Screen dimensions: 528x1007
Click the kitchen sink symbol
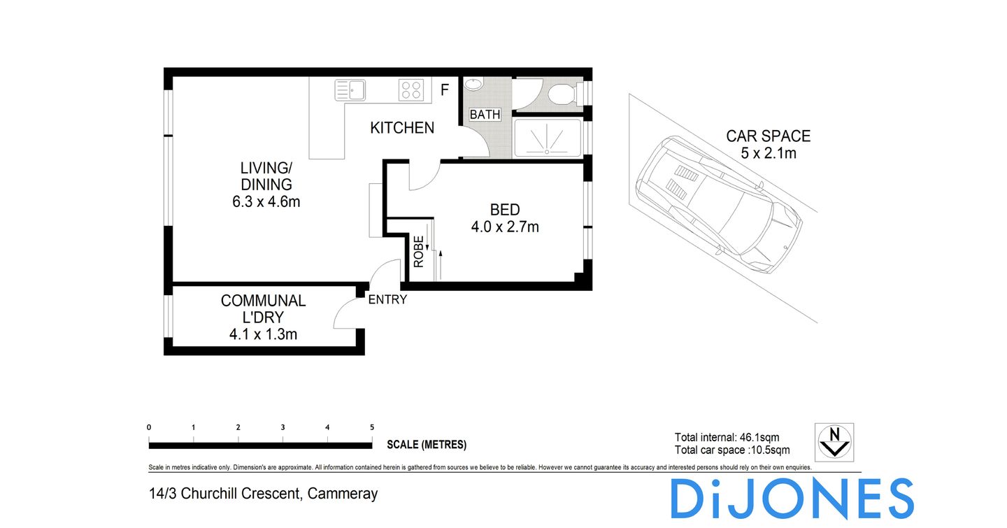(x=350, y=90)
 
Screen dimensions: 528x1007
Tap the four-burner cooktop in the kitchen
(x=410, y=90)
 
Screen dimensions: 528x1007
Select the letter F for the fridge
(x=443, y=90)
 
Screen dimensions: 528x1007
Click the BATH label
(x=485, y=115)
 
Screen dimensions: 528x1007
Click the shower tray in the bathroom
(x=547, y=138)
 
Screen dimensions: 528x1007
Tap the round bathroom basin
(x=473, y=85)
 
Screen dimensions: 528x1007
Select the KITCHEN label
(x=402, y=128)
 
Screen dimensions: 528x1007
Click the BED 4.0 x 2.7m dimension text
(x=504, y=227)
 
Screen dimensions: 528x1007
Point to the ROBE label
(x=419, y=252)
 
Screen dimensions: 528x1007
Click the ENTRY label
(x=387, y=300)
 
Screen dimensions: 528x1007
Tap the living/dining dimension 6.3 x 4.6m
(x=266, y=202)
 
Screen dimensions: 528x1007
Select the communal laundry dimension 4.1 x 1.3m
(x=263, y=334)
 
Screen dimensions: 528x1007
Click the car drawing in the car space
(x=718, y=205)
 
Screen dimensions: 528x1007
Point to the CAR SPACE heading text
(x=768, y=136)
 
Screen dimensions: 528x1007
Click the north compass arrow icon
(x=834, y=442)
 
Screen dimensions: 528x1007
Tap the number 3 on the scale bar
(x=283, y=427)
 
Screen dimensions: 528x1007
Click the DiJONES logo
(x=792, y=499)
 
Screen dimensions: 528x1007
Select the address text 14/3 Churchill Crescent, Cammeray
(x=264, y=494)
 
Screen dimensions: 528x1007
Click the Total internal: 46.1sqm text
(x=727, y=438)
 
